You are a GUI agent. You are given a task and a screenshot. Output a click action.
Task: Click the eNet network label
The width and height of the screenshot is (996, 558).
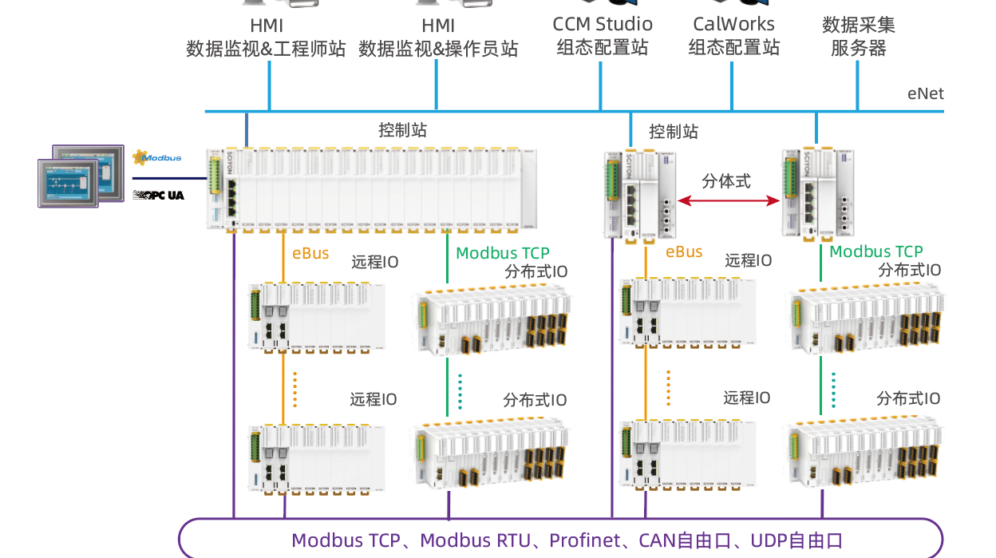tap(925, 93)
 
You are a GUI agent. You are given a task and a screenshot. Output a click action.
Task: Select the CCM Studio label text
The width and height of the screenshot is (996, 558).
tap(603, 25)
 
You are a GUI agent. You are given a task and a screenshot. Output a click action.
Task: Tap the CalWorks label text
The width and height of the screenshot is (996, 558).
tap(733, 25)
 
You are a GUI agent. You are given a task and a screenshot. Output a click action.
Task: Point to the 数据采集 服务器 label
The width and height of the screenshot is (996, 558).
tap(858, 37)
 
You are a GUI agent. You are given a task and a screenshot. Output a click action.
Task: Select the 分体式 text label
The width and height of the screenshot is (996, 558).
tap(726, 180)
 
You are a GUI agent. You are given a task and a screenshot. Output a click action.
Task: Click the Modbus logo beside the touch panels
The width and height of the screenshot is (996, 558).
tap(157, 158)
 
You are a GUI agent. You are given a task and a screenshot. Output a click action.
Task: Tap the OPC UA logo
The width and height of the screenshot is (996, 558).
tap(158, 195)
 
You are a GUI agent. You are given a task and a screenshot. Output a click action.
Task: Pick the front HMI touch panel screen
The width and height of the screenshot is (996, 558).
tap(69, 183)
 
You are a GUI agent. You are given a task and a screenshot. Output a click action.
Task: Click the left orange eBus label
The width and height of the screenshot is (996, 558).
tap(310, 253)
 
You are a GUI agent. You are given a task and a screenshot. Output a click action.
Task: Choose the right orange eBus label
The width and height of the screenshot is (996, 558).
tap(684, 252)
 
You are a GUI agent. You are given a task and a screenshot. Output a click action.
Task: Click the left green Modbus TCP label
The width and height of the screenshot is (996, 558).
tap(503, 253)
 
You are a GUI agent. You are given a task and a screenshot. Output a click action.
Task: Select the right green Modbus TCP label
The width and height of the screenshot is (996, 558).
tap(876, 251)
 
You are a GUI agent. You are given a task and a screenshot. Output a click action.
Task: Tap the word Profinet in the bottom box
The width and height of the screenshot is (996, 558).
tap(584, 540)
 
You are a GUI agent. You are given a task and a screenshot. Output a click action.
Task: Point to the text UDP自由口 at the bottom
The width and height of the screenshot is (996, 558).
tap(796, 540)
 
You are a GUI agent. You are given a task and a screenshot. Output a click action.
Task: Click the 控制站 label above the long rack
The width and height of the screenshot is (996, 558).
tap(402, 130)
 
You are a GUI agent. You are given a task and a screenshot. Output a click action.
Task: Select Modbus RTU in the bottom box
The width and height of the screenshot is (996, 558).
tap(475, 540)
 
